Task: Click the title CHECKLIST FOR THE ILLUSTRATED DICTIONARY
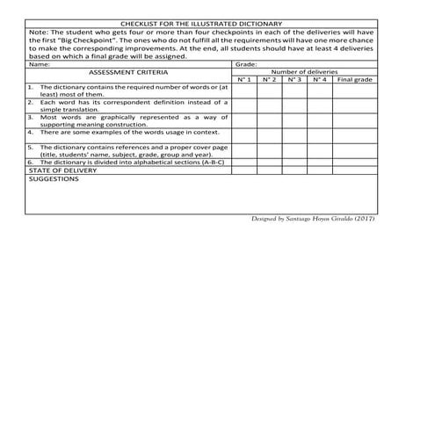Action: tap(202, 24)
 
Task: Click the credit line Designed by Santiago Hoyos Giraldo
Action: tap(313, 218)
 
